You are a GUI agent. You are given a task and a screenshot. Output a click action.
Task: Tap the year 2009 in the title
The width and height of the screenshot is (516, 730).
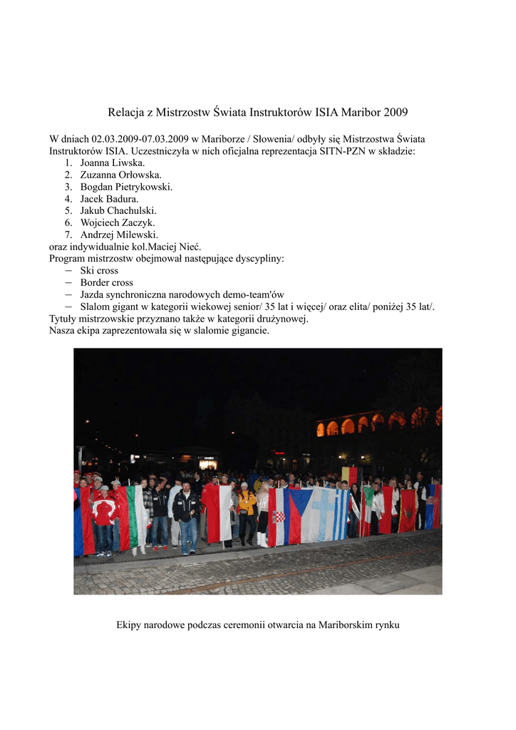[396, 113]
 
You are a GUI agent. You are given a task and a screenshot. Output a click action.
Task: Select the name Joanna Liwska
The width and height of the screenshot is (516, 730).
[113, 163]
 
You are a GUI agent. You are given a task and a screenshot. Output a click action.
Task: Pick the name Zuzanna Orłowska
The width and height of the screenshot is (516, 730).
[120, 175]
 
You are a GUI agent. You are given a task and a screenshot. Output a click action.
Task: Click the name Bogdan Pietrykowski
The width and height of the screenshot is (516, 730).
[126, 187]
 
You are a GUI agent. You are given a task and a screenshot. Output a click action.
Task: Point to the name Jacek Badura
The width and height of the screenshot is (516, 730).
[109, 199]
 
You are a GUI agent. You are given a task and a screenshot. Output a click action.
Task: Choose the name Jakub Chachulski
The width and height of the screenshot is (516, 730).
[118, 211]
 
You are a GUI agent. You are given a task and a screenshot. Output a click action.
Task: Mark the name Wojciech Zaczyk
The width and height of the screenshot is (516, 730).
[118, 222]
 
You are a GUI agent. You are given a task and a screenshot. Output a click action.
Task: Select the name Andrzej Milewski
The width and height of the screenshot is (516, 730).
[119, 235]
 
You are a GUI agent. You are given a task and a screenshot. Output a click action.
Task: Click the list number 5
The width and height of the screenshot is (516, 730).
[68, 211]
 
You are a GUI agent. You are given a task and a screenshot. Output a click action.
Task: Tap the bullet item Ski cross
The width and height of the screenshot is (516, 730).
[99, 271]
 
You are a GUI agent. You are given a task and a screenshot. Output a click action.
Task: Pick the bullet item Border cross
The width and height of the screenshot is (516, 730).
[106, 283]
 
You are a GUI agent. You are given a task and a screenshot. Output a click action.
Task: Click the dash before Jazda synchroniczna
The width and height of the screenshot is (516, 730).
[68, 294]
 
